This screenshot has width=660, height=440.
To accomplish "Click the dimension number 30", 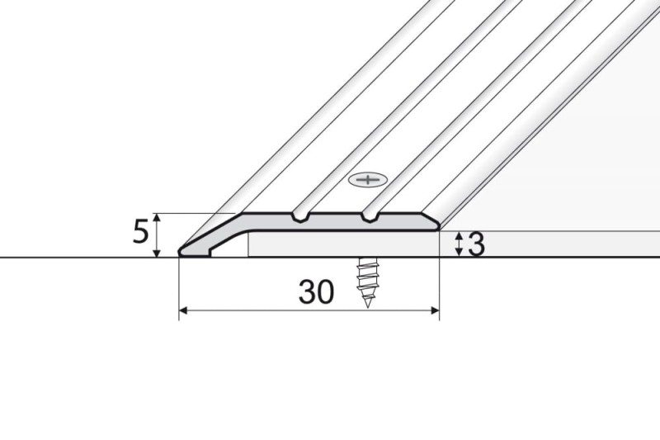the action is point(316,291).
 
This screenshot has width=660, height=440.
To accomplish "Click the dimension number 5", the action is point(140,232).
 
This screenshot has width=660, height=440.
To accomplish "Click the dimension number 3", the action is point(477,245).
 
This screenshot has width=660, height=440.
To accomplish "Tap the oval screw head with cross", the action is point(368,180).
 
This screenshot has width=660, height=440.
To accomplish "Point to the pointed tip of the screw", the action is point(367,306).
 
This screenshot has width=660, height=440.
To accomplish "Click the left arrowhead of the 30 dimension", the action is point(183,310).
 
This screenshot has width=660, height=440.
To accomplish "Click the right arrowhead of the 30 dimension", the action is point(436,310).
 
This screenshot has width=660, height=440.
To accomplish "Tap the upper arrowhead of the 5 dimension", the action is point(156,217).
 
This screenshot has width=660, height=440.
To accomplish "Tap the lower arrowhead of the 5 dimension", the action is point(156,253).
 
